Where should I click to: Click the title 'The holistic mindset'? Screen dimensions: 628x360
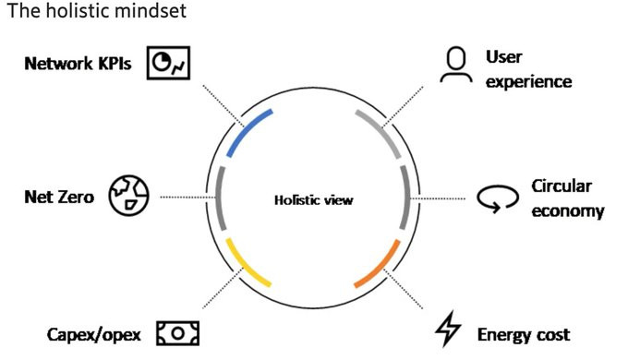[x=97, y=11]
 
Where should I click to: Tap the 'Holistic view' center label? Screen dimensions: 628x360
[x=314, y=199]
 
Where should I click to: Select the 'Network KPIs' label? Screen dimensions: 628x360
[x=78, y=64]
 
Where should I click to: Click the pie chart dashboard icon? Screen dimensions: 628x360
[x=168, y=63]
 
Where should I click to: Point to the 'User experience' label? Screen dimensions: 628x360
[x=528, y=69]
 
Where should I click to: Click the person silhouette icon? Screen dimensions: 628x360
[x=456, y=65]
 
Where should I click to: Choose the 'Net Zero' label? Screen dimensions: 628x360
[x=59, y=197]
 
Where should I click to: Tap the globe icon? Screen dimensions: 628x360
[x=128, y=196]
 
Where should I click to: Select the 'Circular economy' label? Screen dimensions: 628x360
[x=568, y=198]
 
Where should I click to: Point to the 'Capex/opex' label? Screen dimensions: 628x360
[x=93, y=334]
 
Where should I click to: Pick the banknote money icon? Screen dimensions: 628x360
[x=177, y=333]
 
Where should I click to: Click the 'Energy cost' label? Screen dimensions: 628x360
[x=524, y=335]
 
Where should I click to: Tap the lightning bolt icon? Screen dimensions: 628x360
[x=448, y=329]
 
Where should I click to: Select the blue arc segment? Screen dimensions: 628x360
[x=245, y=128]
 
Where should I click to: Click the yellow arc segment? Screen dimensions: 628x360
[x=245, y=266]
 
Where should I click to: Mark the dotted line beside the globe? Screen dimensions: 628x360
[x=187, y=197]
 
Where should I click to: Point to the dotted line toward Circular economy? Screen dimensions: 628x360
[x=438, y=198]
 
